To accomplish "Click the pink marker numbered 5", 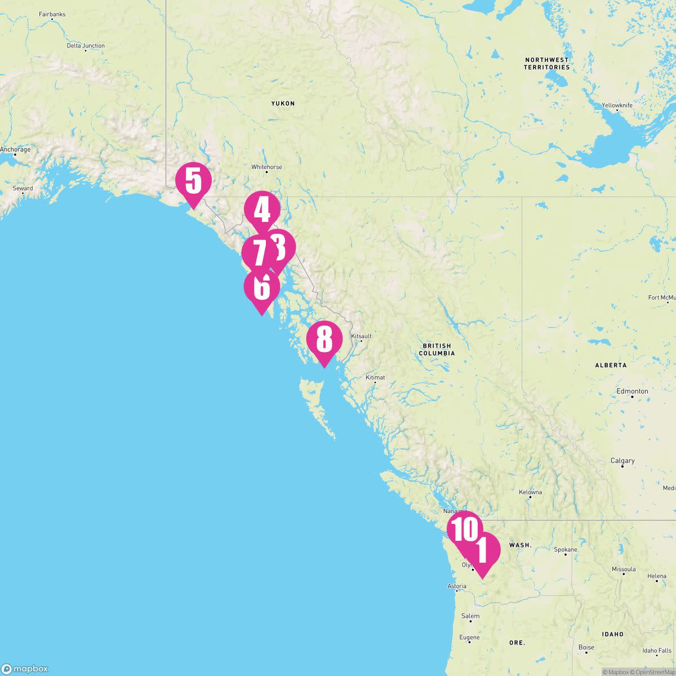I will [193, 181].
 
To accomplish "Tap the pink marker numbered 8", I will [324, 340].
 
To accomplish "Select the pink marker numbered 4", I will [262, 210].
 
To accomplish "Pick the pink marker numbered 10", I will [465, 529].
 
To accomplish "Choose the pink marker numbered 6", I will [261, 287].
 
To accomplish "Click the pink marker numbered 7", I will [259, 253].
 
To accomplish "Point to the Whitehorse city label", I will [266, 167].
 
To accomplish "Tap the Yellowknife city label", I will [617, 105].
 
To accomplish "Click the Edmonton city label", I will [632, 391].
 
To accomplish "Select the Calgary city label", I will [622, 461].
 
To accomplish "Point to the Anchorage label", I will [15, 150].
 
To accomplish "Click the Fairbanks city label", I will [52, 14].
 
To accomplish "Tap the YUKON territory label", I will [283, 104].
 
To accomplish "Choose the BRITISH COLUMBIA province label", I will [437, 350].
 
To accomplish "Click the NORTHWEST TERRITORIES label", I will [546, 64].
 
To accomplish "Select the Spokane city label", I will [566, 550].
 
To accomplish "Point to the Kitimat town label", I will [375, 377].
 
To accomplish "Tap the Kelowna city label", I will [530, 492].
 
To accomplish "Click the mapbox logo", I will [25, 669].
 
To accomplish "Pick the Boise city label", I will [586, 647].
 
